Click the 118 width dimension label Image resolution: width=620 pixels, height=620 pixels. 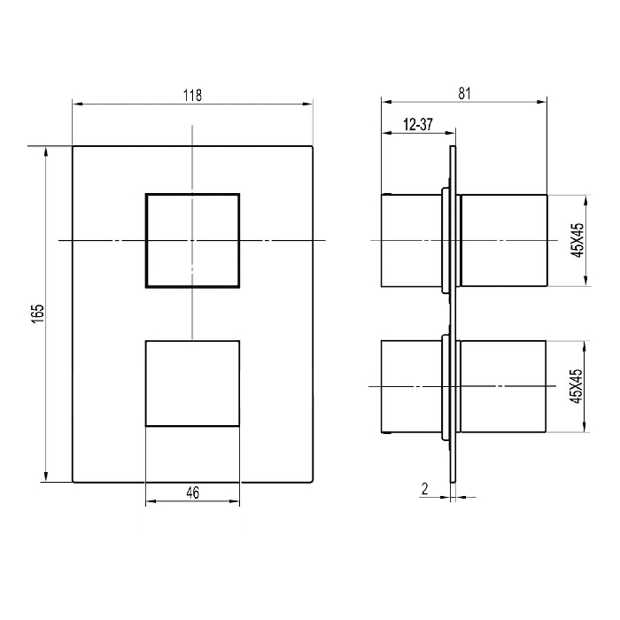pyautogui.click(x=192, y=96)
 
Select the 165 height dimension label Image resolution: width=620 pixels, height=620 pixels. pyautogui.click(x=38, y=314)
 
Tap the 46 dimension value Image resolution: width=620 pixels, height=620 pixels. pyautogui.click(x=192, y=492)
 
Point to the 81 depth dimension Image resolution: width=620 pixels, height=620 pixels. pyautogui.click(x=465, y=93)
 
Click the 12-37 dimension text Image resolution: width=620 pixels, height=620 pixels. pyautogui.click(x=418, y=125)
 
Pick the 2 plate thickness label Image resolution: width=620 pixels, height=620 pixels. pyautogui.click(x=425, y=489)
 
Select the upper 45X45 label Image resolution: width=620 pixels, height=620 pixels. pyautogui.click(x=577, y=240)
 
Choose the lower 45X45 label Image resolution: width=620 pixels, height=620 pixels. pyautogui.click(x=577, y=386)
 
